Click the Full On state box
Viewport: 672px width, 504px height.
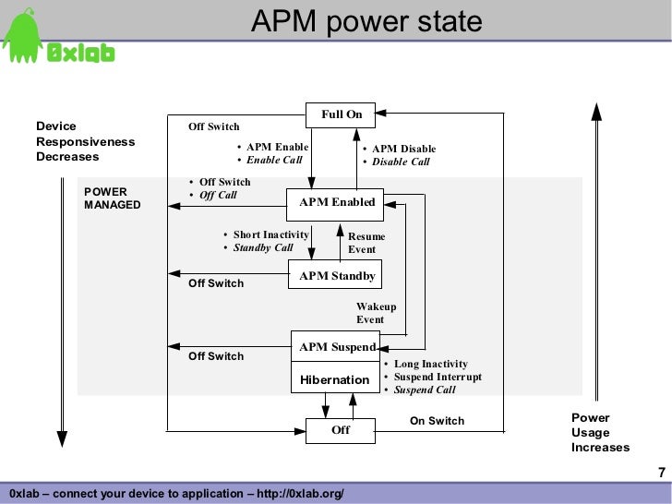pyautogui.click(x=341, y=114)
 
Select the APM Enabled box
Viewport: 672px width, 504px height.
pyautogui.click(x=335, y=205)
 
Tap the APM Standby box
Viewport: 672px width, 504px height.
pyautogui.click(x=335, y=274)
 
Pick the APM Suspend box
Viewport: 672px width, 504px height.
pyautogui.click(x=335, y=346)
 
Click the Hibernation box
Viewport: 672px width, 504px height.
pyautogui.click(x=335, y=378)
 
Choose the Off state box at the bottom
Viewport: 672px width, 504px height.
pyautogui.click(x=341, y=431)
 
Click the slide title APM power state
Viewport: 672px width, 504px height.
pyautogui.click(x=366, y=20)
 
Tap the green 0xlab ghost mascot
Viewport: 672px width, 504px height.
pyautogui.click(x=22, y=36)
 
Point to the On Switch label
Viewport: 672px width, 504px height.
pyautogui.click(x=437, y=421)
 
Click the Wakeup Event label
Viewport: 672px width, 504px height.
pyautogui.click(x=376, y=313)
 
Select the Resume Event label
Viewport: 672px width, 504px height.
pyautogui.click(x=366, y=243)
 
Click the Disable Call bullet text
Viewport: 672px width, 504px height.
pyautogui.click(x=401, y=162)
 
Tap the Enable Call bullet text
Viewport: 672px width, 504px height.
pyautogui.click(x=274, y=160)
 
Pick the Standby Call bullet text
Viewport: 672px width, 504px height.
pyautogui.click(x=263, y=247)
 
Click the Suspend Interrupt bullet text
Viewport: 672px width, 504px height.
pyautogui.click(x=438, y=377)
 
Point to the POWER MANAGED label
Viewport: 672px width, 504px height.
pyautogui.click(x=113, y=198)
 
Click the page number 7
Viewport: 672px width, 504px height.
pyautogui.click(x=662, y=473)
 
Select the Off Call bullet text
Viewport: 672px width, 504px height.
pyautogui.click(x=218, y=195)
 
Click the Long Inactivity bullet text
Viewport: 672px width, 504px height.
pyautogui.click(x=431, y=364)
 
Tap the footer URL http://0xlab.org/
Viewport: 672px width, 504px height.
pyautogui.click(x=300, y=493)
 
